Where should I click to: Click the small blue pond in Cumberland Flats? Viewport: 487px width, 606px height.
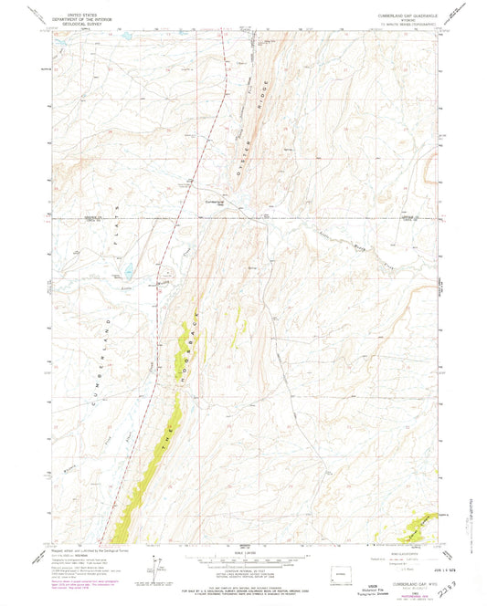tap(128, 271)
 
